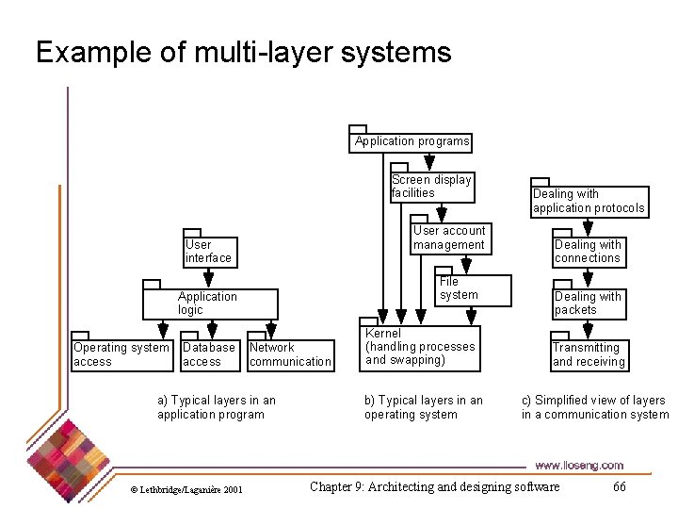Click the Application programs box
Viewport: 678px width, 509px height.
(x=411, y=141)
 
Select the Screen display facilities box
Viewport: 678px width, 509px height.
(x=431, y=187)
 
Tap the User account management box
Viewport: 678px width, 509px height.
(x=449, y=238)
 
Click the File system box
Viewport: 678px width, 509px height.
(x=471, y=290)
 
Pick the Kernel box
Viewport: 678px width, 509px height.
(x=420, y=347)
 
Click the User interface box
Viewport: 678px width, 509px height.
(x=208, y=252)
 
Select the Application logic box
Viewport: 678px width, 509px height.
(x=211, y=304)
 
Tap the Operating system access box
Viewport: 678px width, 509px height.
(x=121, y=354)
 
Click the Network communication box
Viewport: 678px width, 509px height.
(x=290, y=354)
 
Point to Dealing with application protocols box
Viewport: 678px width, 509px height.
(x=589, y=201)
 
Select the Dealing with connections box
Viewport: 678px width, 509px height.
(x=588, y=252)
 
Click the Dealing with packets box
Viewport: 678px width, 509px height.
(x=588, y=304)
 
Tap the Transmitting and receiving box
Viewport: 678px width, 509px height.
(x=588, y=354)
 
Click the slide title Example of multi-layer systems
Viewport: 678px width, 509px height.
(x=243, y=52)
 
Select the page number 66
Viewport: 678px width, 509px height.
(x=619, y=486)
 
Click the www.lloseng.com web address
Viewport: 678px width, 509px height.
(x=578, y=465)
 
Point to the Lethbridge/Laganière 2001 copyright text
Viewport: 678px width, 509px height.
(x=186, y=489)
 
